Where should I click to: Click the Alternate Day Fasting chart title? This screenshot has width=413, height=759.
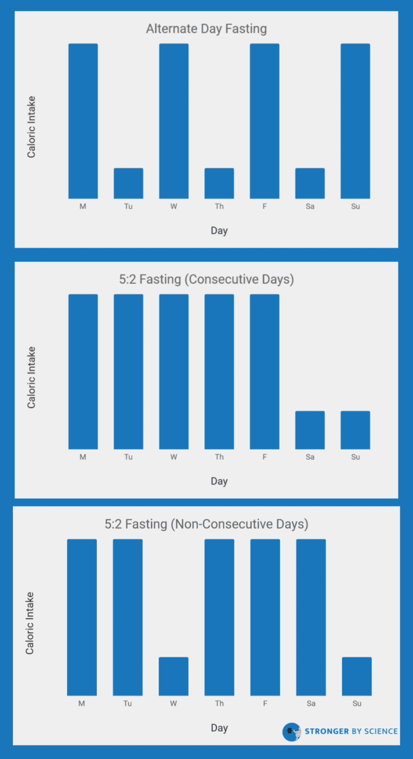click(206, 28)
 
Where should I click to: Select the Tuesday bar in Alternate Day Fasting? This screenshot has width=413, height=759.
click(128, 183)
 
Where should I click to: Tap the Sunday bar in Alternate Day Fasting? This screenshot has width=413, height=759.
click(355, 121)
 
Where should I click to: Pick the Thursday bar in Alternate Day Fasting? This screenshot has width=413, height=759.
click(219, 183)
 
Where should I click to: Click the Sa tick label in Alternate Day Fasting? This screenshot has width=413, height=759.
click(310, 207)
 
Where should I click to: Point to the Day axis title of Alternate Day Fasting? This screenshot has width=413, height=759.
click(219, 230)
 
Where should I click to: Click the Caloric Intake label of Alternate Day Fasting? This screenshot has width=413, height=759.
click(31, 127)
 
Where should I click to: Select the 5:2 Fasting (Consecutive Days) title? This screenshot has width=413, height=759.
click(206, 279)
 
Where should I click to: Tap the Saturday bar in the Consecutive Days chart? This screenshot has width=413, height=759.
click(310, 430)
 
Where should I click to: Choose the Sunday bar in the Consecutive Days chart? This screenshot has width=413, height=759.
click(355, 430)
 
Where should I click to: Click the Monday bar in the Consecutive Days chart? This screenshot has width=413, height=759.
click(83, 371)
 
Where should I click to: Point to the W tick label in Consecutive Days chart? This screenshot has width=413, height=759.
click(174, 457)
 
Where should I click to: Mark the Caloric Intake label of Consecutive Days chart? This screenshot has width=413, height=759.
click(31, 377)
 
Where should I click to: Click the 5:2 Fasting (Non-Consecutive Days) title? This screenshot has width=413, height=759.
click(206, 524)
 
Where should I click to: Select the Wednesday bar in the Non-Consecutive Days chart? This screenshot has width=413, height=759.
click(173, 676)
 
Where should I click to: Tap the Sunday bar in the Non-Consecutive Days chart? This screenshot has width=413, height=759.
click(357, 676)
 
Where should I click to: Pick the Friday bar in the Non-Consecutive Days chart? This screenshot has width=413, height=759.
click(265, 617)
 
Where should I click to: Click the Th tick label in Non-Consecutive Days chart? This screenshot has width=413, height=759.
click(219, 704)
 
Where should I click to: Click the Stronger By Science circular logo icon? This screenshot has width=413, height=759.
click(292, 732)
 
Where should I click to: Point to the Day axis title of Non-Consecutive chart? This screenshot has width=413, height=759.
click(219, 728)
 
